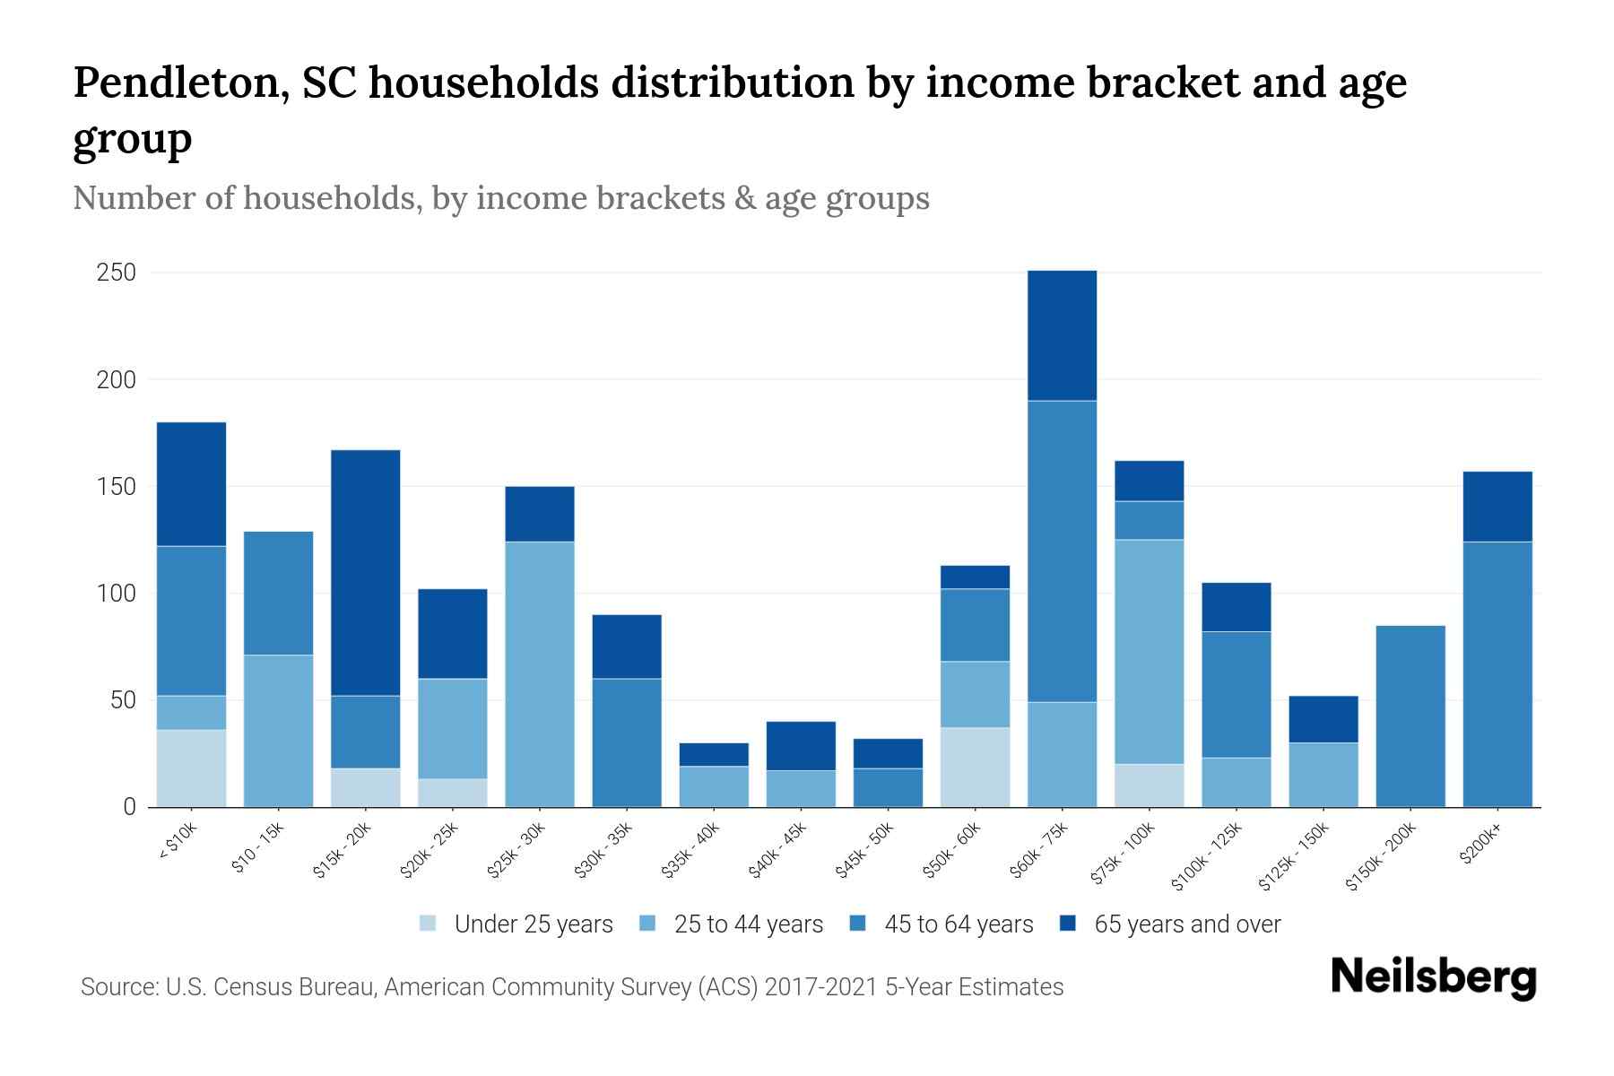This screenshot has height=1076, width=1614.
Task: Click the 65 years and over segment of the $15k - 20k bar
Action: click(x=366, y=572)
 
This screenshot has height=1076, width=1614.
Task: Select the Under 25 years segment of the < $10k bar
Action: click(x=191, y=768)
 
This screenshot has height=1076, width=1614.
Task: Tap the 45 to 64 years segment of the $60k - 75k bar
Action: click(x=1062, y=551)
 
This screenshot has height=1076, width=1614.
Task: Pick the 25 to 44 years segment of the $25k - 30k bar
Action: click(x=540, y=673)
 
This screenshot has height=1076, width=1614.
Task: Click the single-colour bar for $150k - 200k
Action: click(x=1410, y=716)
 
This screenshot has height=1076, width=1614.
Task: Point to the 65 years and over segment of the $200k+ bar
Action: click(x=1497, y=506)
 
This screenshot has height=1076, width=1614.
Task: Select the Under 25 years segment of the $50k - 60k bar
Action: click(x=975, y=767)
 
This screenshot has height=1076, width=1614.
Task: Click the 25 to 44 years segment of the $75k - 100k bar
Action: click(x=1149, y=651)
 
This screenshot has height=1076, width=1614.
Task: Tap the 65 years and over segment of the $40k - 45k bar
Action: click(x=801, y=745)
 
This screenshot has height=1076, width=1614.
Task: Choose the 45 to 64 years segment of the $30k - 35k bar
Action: click(x=627, y=742)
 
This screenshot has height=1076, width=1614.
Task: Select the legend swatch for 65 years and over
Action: click(x=1068, y=924)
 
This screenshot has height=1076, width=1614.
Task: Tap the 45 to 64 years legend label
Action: click(x=959, y=924)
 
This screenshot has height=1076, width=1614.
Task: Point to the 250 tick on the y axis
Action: click(x=116, y=273)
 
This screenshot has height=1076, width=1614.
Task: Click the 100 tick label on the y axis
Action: click(x=116, y=594)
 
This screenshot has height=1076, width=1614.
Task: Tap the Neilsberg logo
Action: click(x=1433, y=976)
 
